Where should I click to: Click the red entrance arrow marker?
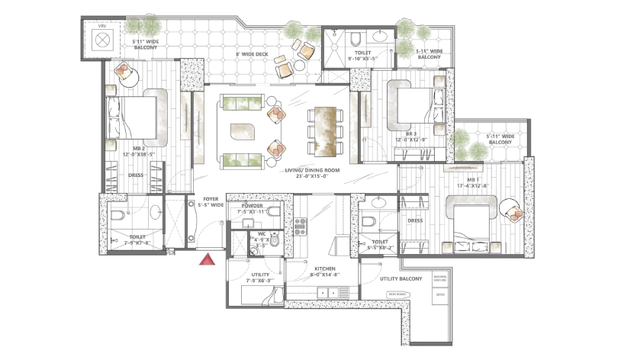point(205,261)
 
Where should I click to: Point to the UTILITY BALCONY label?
point(401,279)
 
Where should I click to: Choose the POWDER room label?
point(252,207)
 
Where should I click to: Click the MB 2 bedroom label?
point(139,149)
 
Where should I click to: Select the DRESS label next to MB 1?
point(415,221)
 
